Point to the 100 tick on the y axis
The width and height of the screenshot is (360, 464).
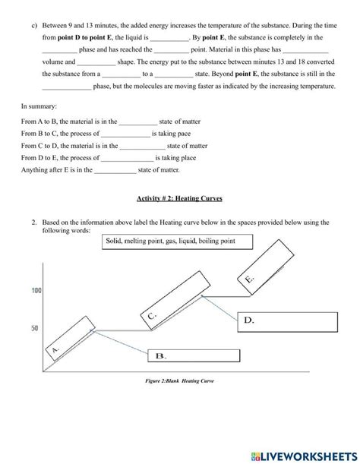pos(36,290)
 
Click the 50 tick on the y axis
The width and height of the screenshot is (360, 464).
pos(36,328)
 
